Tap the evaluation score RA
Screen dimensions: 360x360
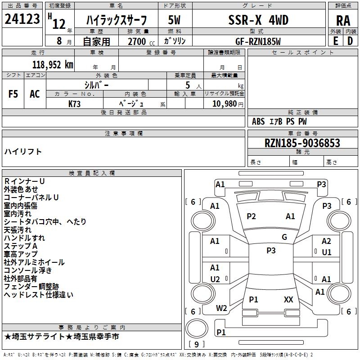point(343,21)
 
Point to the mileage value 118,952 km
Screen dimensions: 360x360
point(53,64)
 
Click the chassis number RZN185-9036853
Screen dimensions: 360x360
point(302,143)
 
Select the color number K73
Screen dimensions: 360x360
point(75,103)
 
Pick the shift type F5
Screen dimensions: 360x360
point(13,94)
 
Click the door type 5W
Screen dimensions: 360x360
point(174,20)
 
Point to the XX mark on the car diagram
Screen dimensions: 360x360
point(288,299)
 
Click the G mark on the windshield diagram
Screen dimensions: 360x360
point(284,237)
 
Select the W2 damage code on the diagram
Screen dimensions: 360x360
point(221,308)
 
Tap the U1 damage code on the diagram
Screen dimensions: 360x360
point(327,252)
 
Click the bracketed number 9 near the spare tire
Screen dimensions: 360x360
point(196,345)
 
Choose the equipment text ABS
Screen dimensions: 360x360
point(258,121)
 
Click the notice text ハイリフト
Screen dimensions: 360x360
point(23,152)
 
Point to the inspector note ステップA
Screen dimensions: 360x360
point(21,246)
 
